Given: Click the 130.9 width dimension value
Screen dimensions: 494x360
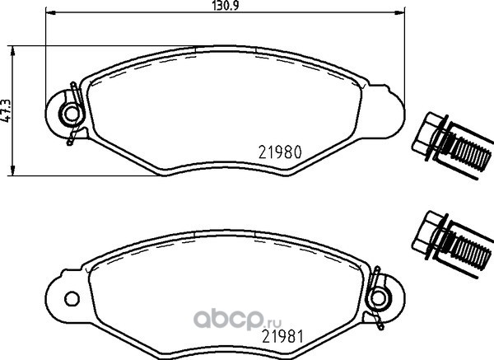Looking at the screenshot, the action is coord(225,5).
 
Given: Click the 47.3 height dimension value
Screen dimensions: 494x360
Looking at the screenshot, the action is coord(6,110).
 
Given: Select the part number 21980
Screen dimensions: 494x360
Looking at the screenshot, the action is coord(280,152).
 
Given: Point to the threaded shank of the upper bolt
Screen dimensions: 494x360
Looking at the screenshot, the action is coord(468,152).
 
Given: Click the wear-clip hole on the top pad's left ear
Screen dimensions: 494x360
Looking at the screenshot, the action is coord(72,114).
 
